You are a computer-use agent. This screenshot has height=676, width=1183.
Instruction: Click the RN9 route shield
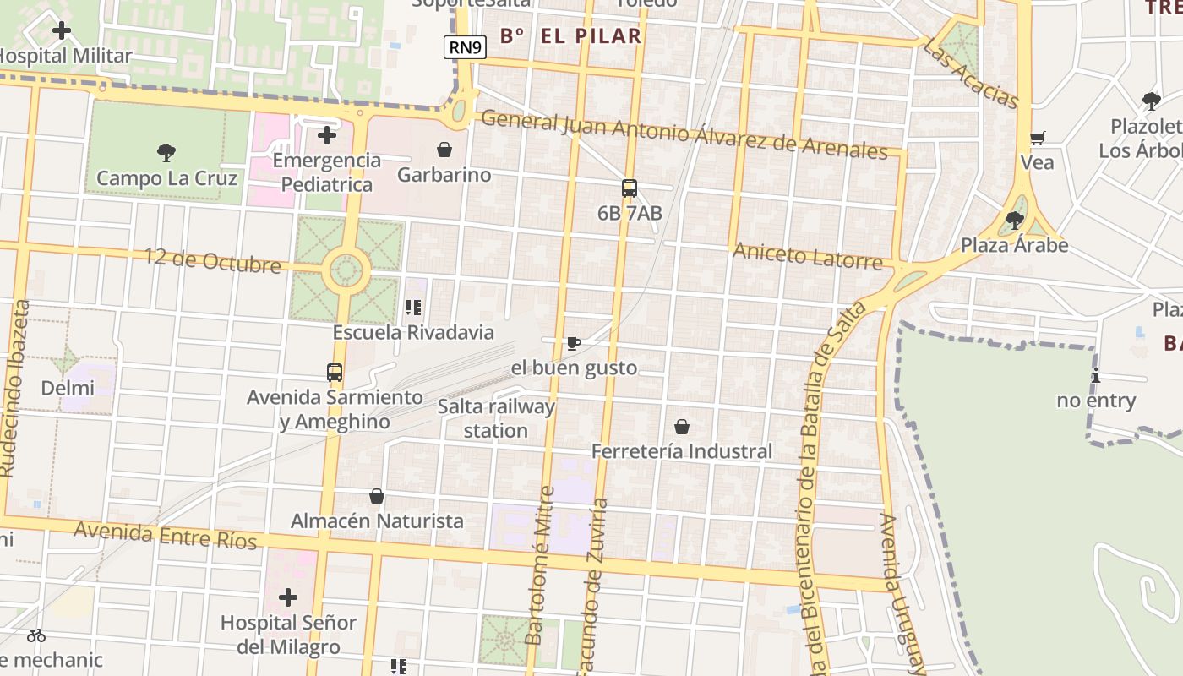[466, 47]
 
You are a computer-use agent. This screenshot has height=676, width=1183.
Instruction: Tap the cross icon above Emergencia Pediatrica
[327, 135]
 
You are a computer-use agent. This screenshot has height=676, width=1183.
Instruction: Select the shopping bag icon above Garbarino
[444, 150]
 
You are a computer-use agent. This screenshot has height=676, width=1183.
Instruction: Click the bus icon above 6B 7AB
[630, 188]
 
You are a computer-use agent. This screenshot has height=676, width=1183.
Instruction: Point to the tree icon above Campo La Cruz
[166, 153]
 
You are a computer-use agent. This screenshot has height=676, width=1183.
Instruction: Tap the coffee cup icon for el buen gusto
[574, 343]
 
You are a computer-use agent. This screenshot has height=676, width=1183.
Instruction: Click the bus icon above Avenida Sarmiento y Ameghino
[335, 372]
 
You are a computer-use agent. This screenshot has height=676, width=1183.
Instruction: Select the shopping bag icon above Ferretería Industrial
[682, 427]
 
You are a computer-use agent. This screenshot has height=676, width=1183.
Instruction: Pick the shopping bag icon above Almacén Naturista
[377, 496]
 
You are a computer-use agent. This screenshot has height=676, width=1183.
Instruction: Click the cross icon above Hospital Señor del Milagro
[288, 598]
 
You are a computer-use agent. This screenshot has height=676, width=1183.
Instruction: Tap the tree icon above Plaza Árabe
[1014, 221]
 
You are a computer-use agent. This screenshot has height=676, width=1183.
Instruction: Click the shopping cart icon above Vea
[1038, 138]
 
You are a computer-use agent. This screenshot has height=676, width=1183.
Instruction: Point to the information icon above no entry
[1096, 376]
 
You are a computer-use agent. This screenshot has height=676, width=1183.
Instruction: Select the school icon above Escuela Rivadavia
[413, 308]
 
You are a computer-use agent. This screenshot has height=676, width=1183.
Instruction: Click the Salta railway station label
[496, 418]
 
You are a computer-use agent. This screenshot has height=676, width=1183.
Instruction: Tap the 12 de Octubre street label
[212, 260]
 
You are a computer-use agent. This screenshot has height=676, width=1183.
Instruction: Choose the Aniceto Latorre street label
[808, 255]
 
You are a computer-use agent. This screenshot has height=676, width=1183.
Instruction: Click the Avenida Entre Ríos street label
[165, 535]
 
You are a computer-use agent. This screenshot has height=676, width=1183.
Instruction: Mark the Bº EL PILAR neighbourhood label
[570, 36]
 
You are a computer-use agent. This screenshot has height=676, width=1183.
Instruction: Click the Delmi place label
[67, 389]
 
